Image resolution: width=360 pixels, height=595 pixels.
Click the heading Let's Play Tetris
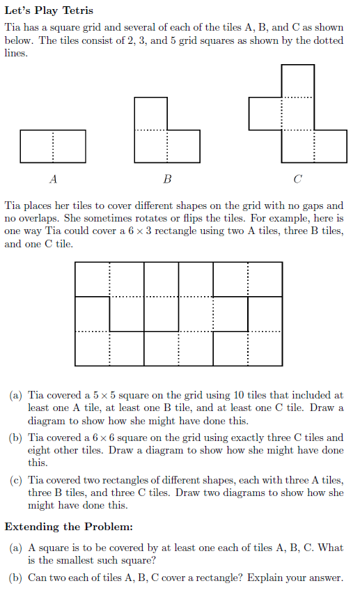[49, 10]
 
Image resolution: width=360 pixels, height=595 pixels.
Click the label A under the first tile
[54, 180]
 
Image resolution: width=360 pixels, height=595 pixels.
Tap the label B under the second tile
[166, 180]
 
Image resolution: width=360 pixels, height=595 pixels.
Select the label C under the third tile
[297, 180]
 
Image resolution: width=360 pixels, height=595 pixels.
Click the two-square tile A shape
[53, 146]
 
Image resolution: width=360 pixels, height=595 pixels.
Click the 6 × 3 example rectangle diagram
[178, 314]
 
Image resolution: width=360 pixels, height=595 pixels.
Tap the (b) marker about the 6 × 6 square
[15, 438]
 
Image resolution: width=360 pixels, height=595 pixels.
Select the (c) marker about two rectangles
[15, 481]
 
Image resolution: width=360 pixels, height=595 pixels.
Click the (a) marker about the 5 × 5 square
[15, 395]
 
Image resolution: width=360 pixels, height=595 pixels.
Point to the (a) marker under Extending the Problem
[15, 548]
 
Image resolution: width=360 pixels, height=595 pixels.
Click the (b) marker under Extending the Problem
[15, 578]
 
